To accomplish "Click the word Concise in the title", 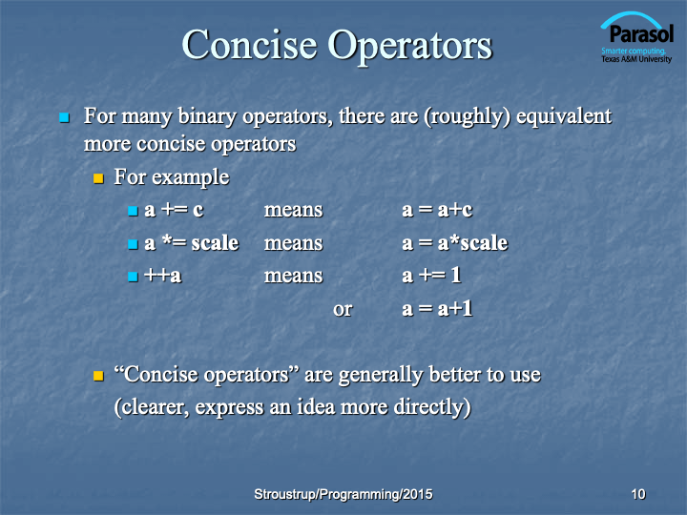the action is tap(249, 44).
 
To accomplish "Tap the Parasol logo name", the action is tap(641, 33).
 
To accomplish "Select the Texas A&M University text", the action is tap(636, 59).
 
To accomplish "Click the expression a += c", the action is tap(174, 210).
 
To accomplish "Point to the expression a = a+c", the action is tap(437, 210).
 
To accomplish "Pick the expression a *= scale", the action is tap(192, 242).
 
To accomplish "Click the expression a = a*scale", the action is tap(455, 242).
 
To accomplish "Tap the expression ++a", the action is tap(162, 276).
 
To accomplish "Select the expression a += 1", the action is tap(431, 275).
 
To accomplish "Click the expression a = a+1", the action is tap(437, 308).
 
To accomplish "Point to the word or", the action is tap(343, 310).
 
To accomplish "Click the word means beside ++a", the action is tap(293, 276).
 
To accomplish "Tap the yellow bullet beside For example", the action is tap(98, 178).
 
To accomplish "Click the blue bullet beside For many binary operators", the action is tap(65, 117).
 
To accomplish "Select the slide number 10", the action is tap(638, 494).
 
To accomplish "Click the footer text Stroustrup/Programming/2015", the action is tap(343, 494).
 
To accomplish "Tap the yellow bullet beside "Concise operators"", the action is tap(98, 376).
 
